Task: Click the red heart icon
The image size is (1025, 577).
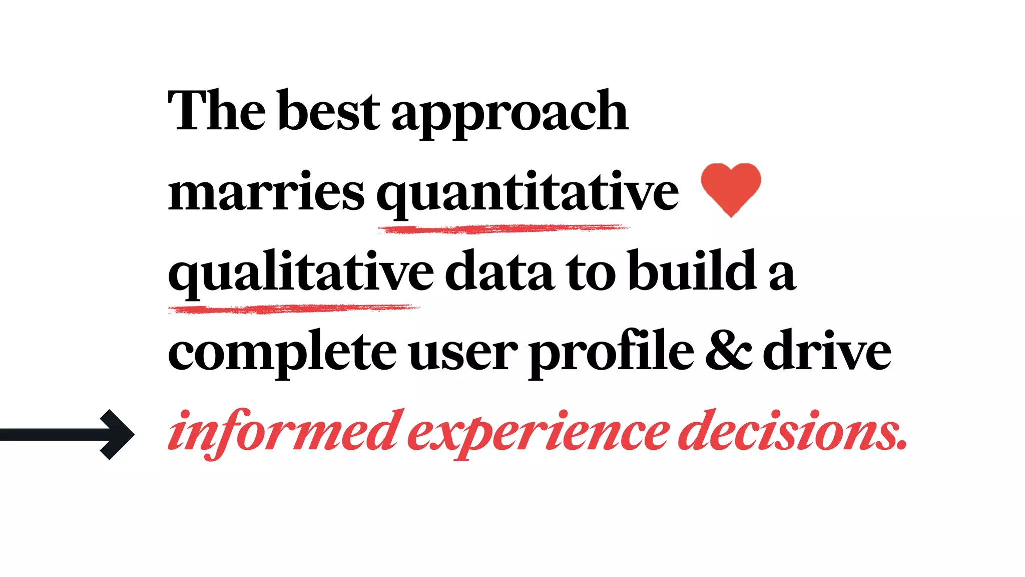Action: click(x=731, y=188)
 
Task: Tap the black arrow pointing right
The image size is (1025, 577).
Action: click(x=68, y=434)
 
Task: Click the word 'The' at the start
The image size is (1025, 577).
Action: click(x=217, y=111)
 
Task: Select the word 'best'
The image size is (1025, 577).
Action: click(x=329, y=111)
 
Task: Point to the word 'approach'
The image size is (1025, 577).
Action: click(x=509, y=115)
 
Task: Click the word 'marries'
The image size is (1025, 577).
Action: click(x=266, y=193)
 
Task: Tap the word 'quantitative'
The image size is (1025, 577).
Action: click(x=527, y=194)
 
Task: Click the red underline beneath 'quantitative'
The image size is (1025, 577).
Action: click(x=503, y=229)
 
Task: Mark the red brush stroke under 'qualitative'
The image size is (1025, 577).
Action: click(x=294, y=309)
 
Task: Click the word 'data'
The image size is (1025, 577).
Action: click(x=499, y=271)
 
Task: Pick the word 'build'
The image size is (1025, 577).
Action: click(x=693, y=270)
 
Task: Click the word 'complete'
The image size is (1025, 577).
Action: click(x=282, y=353)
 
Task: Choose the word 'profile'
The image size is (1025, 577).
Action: click(x=611, y=353)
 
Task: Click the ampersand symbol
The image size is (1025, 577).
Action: click(x=728, y=351)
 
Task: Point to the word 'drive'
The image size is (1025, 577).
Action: click(x=827, y=351)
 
